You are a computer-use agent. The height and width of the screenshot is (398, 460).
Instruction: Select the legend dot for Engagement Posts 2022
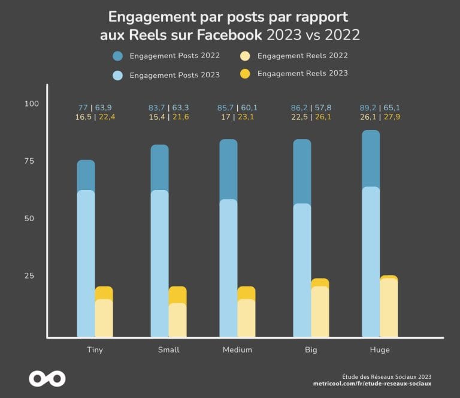tap(118, 56)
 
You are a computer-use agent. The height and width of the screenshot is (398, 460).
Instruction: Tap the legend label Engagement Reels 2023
tap(302, 74)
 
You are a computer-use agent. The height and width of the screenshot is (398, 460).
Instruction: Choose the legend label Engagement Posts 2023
tap(174, 76)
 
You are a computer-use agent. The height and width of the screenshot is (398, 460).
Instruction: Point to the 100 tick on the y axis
tap(31, 104)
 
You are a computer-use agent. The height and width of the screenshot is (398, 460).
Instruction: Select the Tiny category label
tap(95, 350)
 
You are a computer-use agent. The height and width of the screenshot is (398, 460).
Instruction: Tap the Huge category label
tap(380, 350)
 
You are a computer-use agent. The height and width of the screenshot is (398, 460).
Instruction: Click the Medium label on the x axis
tap(237, 350)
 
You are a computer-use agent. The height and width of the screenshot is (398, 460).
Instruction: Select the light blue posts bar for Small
tap(159, 264)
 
